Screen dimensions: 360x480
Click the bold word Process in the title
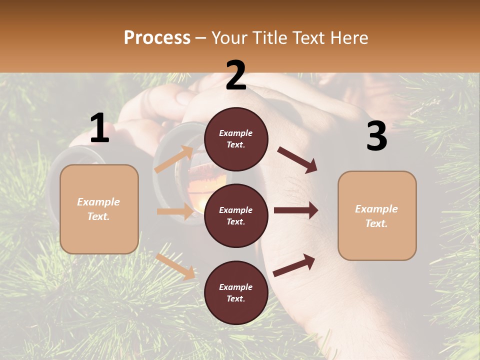click(x=157, y=37)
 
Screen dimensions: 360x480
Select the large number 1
click(x=99, y=128)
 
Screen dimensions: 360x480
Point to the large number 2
click(x=236, y=75)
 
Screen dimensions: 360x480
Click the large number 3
click(x=376, y=136)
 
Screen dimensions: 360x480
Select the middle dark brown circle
click(x=236, y=215)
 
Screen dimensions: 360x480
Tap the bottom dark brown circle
click(x=236, y=292)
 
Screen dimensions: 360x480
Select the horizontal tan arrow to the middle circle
click(x=175, y=211)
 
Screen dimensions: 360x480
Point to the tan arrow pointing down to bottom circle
click(x=175, y=266)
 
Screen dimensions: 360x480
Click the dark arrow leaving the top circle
click(x=297, y=159)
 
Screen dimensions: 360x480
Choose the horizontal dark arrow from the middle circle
click(x=296, y=210)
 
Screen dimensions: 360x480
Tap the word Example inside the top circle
click(x=236, y=133)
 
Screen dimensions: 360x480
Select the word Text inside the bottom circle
click(x=235, y=298)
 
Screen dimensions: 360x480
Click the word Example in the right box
click(x=376, y=209)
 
